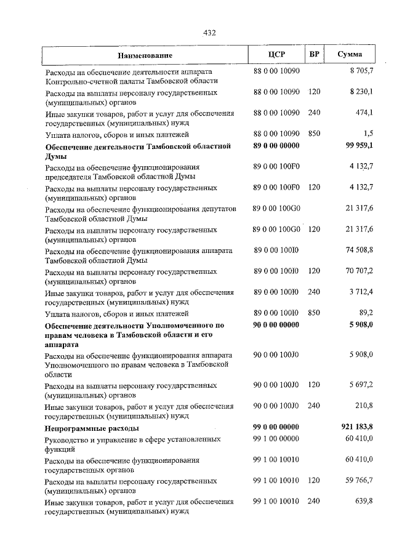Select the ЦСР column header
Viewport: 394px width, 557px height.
tap(276, 55)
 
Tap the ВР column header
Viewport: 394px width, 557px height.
tap(314, 54)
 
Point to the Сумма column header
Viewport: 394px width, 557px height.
tap(349, 54)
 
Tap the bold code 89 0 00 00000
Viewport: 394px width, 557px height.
tap(276, 146)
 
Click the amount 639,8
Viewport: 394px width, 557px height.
tap(364, 502)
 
